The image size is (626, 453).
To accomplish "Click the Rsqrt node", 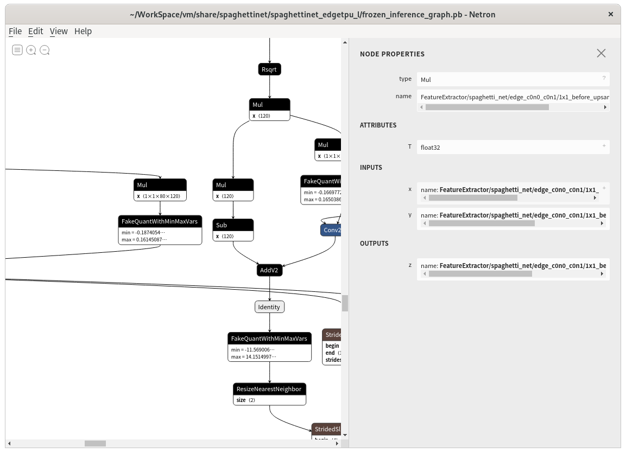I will [x=270, y=69].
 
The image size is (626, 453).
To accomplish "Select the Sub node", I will [x=233, y=225].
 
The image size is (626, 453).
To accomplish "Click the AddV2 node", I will [x=269, y=270].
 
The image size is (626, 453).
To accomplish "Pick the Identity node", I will [x=269, y=307].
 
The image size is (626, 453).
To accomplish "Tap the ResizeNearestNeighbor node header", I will [x=269, y=389].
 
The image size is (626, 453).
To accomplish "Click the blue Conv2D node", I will [x=331, y=230].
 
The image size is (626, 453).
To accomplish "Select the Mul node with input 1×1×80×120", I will [x=160, y=185].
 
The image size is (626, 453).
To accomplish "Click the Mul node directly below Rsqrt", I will [x=270, y=105].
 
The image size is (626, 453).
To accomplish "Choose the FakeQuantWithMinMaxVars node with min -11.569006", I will [x=269, y=339].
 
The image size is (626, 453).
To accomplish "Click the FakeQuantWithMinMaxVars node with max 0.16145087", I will [x=160, y=221].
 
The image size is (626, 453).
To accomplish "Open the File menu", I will [x=15, y=31].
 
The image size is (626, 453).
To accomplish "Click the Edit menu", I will [x=36, y=31].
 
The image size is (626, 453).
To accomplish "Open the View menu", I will [x=59, y=31].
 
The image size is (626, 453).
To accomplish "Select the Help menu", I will [x=83, y=31].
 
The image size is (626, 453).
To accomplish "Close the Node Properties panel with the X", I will [x=601, y=53].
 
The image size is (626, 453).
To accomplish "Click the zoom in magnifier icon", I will [x=31, y=50].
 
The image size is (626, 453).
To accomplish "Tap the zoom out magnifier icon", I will [x=45, y=50].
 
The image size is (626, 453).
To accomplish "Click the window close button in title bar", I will [x=611, y=15].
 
